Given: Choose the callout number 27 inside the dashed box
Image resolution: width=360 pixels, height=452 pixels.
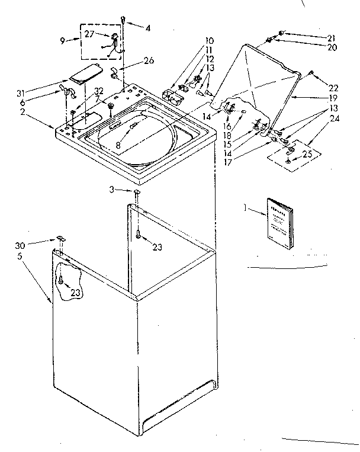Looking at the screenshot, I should tap(89, 34).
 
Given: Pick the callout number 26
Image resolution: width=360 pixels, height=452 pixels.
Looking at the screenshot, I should tap(149, 60).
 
